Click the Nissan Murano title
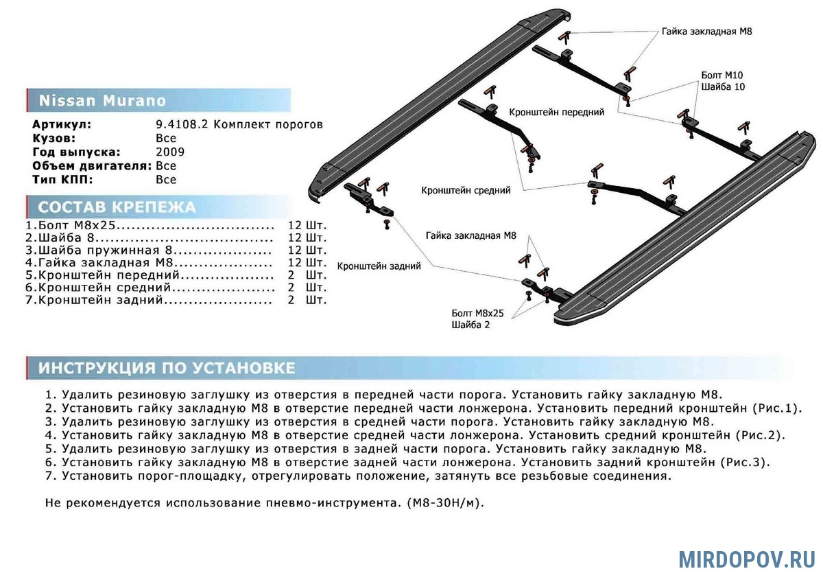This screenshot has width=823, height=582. [102, 101]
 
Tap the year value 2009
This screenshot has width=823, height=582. [170, 152]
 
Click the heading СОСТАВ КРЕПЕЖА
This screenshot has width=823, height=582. [117, 207]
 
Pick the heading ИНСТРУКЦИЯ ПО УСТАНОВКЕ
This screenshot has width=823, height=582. [167, 369]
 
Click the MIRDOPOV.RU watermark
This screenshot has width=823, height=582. [747, 559]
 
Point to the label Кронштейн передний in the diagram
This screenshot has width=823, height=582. [556, 112]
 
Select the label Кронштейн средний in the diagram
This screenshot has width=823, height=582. [466, 190]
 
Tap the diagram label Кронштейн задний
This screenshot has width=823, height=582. [379, 266]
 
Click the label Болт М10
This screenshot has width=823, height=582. [721, 75]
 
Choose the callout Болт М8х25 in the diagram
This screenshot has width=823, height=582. [477, 313]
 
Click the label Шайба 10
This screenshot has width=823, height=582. [722, 87]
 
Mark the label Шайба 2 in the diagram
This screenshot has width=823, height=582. [470, 325]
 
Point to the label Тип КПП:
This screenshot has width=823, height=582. [62, 180]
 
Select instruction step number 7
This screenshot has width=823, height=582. [50, 475]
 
